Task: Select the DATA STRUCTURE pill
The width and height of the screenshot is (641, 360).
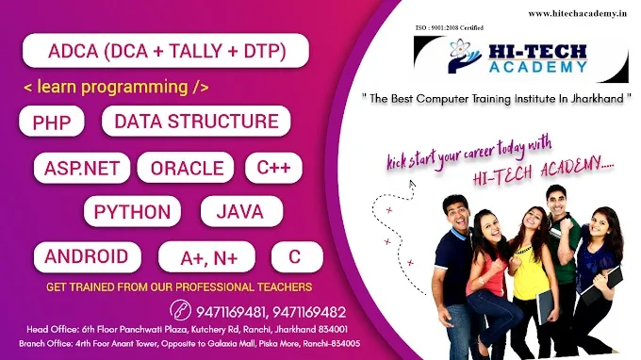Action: click(x=196, y=121)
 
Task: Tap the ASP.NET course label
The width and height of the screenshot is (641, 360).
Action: click(x=81, y=169)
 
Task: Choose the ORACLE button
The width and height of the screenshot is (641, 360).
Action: click(x=187, y=169)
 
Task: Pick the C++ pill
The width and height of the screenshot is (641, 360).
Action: click(x=273, y=169)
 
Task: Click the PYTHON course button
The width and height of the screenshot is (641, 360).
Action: click(x=132, y=212)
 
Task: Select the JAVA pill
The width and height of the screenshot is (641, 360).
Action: click(x=239, y=212)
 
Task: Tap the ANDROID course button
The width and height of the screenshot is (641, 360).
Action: click(x=87, y=256)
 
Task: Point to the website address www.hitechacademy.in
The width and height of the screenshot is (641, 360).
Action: click(x=579, y=13)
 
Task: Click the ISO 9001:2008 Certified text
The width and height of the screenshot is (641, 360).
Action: click(x=448, y=29)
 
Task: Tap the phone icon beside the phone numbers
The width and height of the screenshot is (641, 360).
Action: click(x=180, y=310)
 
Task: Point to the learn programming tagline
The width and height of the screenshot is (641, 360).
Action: click(x=116, y=88)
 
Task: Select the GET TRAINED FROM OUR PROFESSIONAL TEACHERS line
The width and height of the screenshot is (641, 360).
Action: click(x=178, y=286)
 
